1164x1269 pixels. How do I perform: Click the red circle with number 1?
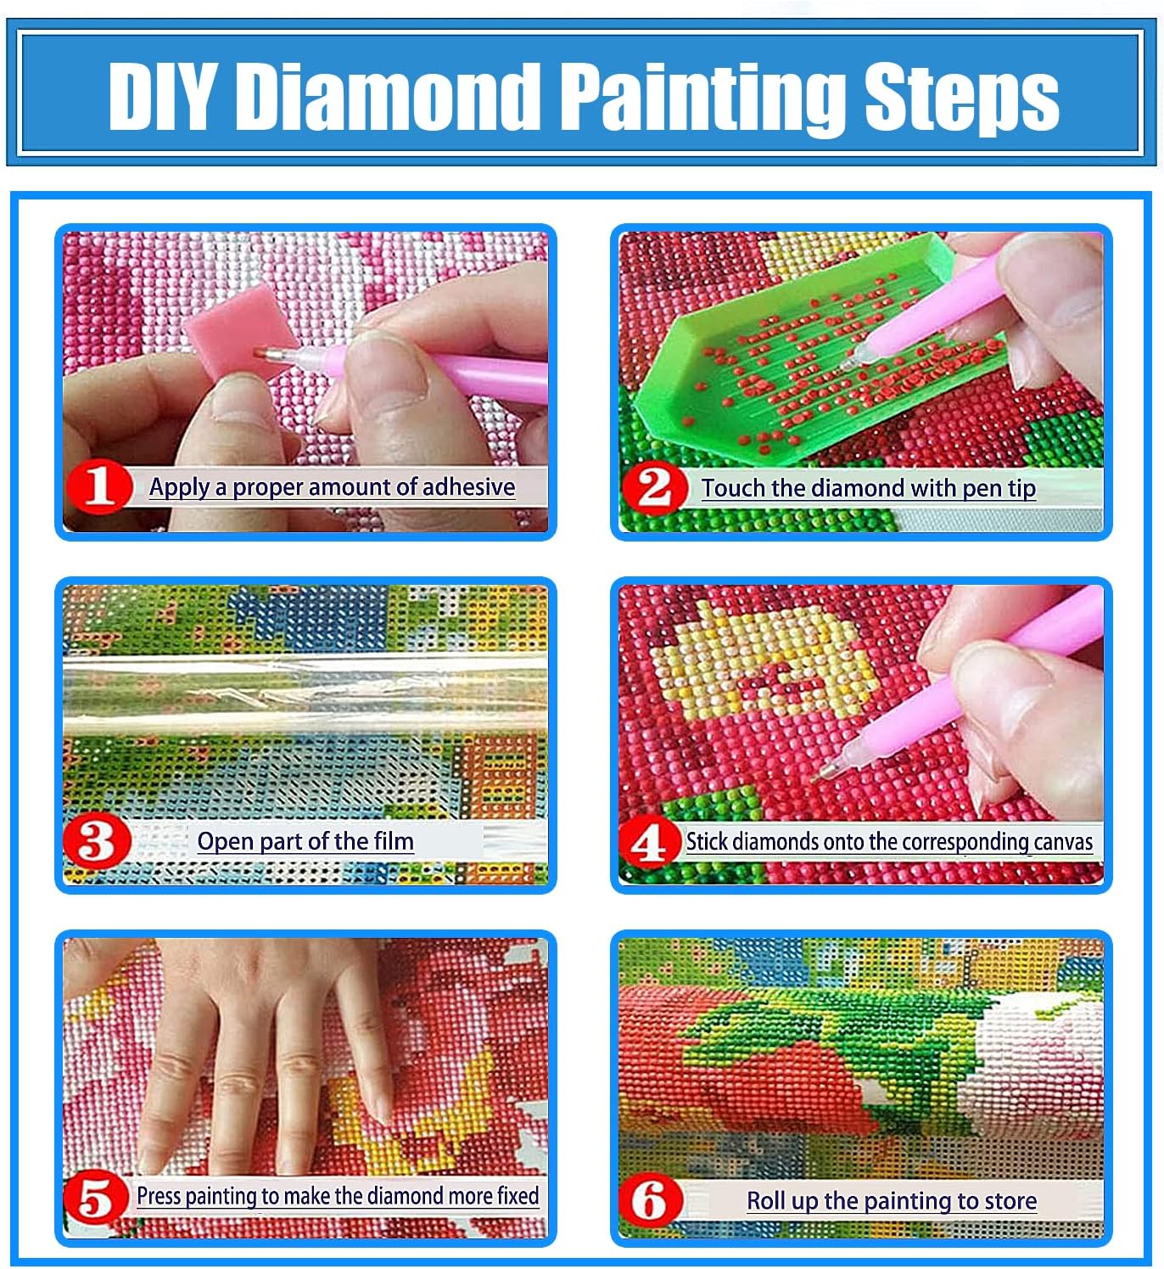pos(99,486)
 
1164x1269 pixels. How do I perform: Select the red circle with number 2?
pos(654,488)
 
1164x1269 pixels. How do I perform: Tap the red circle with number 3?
pos(97,841)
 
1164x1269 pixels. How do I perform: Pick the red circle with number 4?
pos(650,842)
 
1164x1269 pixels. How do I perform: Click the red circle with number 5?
pos(95,1199)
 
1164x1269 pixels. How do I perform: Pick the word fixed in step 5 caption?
pos(518,1196)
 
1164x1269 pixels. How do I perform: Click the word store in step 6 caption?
pos(1010,1201)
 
